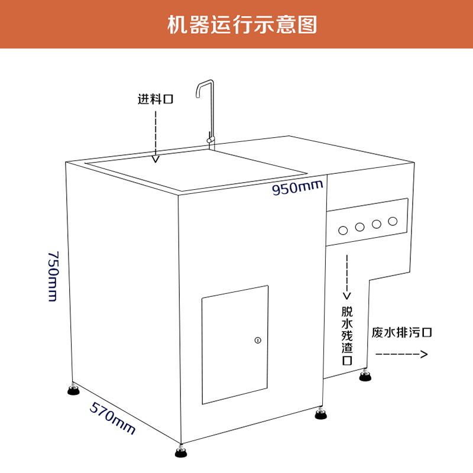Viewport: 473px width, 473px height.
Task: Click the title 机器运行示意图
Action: coord(242,25)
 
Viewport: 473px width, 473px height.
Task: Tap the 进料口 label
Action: coord(155,99)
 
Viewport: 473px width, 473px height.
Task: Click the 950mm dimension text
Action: coord(297,188)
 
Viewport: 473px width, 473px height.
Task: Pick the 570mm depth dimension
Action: coord(112,417)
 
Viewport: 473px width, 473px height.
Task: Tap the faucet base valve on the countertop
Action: coord(209,139)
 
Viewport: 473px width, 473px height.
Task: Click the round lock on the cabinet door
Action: coord(257,340)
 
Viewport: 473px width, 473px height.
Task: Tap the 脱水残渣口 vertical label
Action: coord(347,335)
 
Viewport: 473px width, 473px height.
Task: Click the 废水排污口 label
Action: coord(402,332)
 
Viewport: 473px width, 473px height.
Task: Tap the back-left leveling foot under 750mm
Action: coord(73,388)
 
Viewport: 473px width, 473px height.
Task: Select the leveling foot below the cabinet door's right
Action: coord(321,413)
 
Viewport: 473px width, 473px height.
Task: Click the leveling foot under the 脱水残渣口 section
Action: coord(365,376)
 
